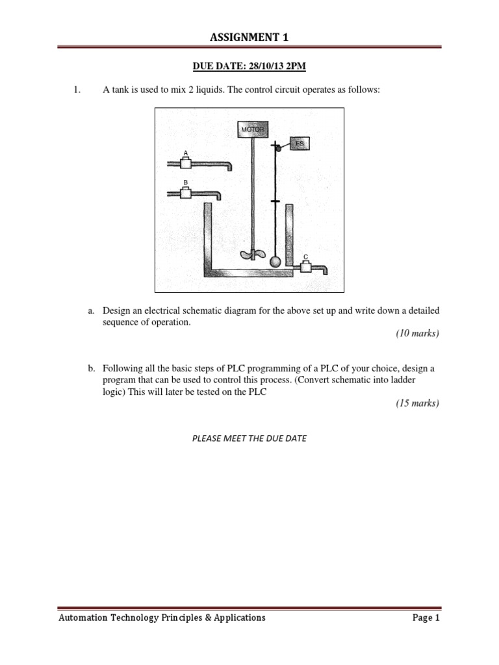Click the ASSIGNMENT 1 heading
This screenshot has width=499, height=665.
(249, 38)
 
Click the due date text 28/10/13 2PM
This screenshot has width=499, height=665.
(269, 66)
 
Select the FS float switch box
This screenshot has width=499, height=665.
(298, 143)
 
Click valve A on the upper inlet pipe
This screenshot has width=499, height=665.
(186, 163)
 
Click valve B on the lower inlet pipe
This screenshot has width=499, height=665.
(186, 192)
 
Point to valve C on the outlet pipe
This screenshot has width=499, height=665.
(305, 266)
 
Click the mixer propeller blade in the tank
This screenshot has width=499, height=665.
(250, 255)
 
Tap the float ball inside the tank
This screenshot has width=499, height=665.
(275, 262)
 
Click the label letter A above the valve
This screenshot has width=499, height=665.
(186, 153)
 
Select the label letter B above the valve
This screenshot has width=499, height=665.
(186, 182)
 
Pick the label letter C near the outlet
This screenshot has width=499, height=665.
(305, 257)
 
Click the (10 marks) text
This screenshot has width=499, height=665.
(417, 334)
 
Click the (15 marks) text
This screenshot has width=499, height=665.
(417, 403)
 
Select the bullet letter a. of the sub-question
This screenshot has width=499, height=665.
(92, 311)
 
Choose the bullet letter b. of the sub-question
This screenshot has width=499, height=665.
(92, 368)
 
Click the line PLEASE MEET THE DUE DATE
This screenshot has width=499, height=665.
(249, 438)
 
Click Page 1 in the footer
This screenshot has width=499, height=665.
(426, 618)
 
